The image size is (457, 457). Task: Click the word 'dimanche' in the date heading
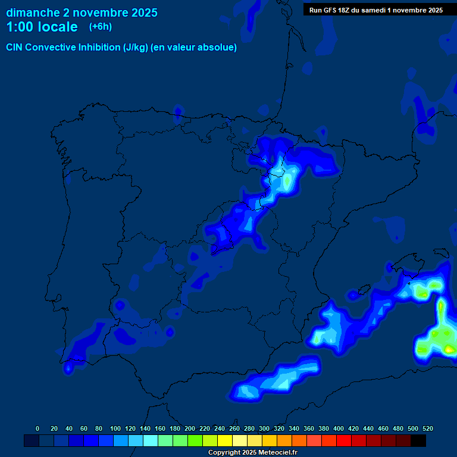[x=32, y=12]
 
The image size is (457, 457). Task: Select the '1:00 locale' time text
[x=42, y=27]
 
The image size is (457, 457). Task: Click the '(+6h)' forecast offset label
[x=101, y=27]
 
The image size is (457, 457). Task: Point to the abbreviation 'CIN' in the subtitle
[x=15, y=48]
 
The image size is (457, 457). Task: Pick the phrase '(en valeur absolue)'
[x=194, y=48]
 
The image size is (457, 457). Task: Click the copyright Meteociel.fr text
[x=252, y=453]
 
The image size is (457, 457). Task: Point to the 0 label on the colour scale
[x=37, y=428]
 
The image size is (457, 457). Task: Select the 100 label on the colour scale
[x=115, y=428]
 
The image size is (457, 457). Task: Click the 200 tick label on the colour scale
[x=190, y=428]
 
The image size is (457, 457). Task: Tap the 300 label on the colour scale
[x=264, y=428]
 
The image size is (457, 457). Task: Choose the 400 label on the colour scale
[x=339, y=428]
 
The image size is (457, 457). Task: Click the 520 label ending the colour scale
[x=428, y=428]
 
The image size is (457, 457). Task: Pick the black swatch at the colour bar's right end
[x=418, y=440]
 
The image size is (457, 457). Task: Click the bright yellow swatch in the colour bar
[x=225, y=440]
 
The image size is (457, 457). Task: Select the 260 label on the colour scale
[x=234, y=428]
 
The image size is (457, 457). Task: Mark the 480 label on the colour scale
[x=398, y=428]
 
